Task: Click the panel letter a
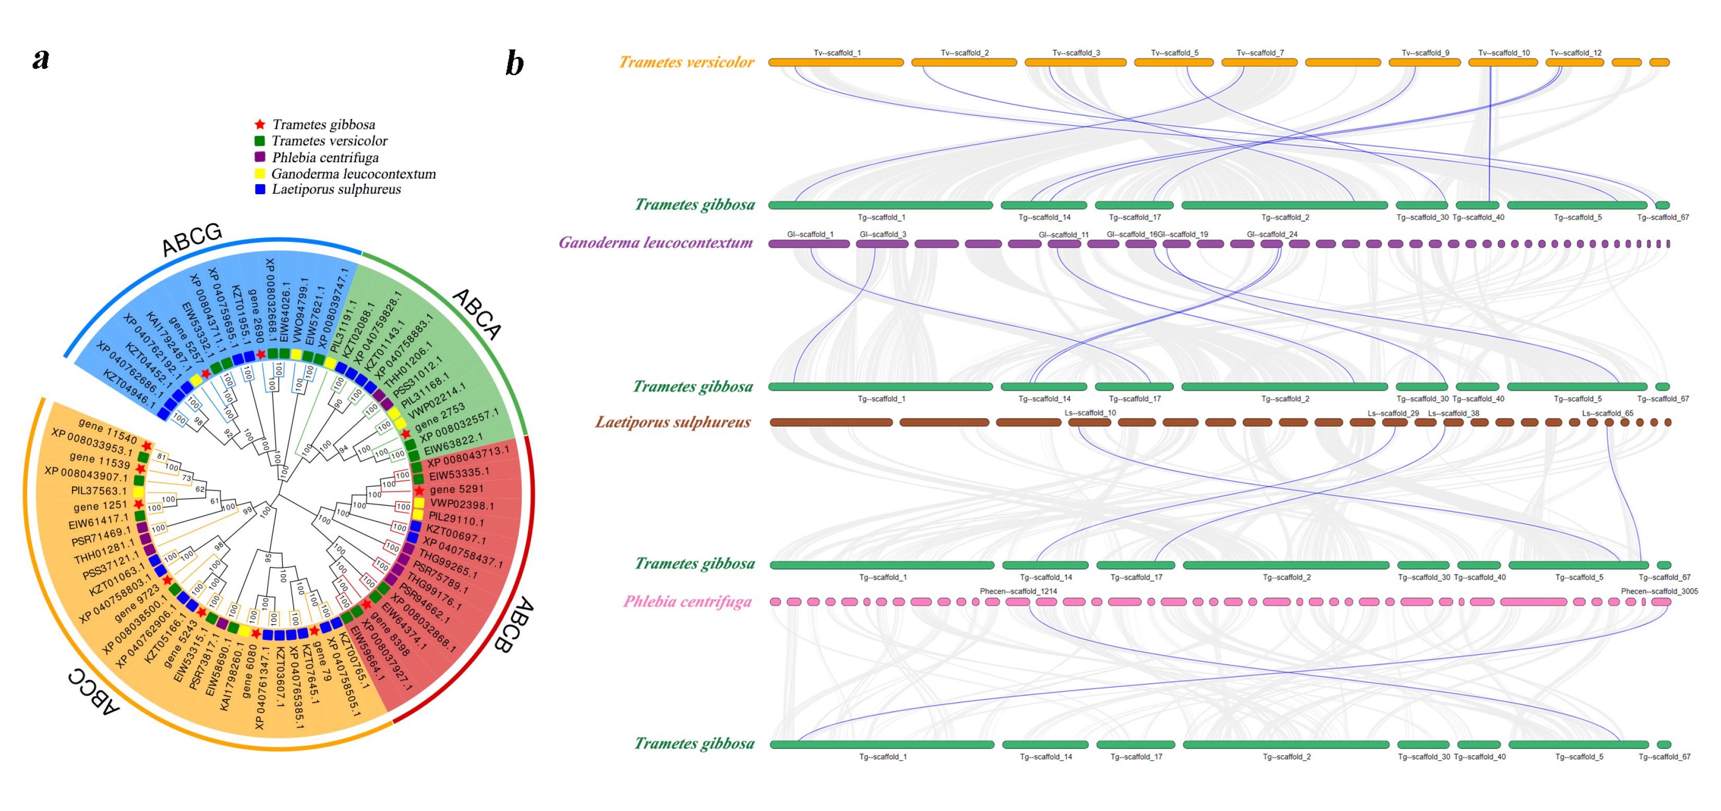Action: tap(41, 59)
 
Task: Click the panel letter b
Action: tap(514, 64)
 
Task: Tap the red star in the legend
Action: tap(260, 124)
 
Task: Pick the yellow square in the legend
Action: tap(260, 173)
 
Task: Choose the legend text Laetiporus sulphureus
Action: tap(336, 189)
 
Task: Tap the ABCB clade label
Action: tap(514, 625)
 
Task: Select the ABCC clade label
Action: tap(93, 691)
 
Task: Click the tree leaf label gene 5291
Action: tap(456, 490)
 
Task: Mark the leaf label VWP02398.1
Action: tap(462, 504)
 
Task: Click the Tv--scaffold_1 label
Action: tap(837, 53)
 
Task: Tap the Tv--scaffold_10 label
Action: tap(1504, 53)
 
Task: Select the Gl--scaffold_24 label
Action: tap(1272, 235)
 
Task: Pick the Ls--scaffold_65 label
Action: tap(1607, 413)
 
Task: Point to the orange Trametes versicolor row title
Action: tap(686, 62)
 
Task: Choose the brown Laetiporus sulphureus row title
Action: tap(673, 422)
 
